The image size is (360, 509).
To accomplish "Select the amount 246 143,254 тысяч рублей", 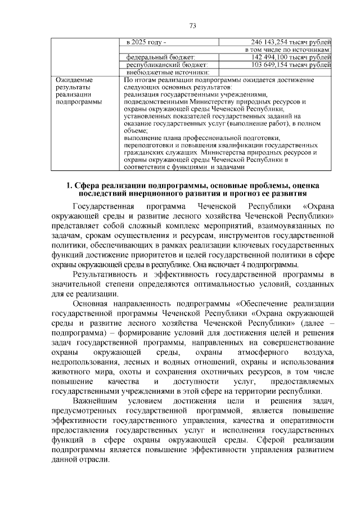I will point(291,42).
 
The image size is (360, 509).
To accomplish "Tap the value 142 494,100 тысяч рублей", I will point(291,57).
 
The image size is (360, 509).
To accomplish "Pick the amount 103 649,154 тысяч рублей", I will point(291,65).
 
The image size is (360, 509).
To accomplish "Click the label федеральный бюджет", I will point(160,57).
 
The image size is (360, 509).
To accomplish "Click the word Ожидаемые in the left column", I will point(73,80).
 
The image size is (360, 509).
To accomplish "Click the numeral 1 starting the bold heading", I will point(68,186).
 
